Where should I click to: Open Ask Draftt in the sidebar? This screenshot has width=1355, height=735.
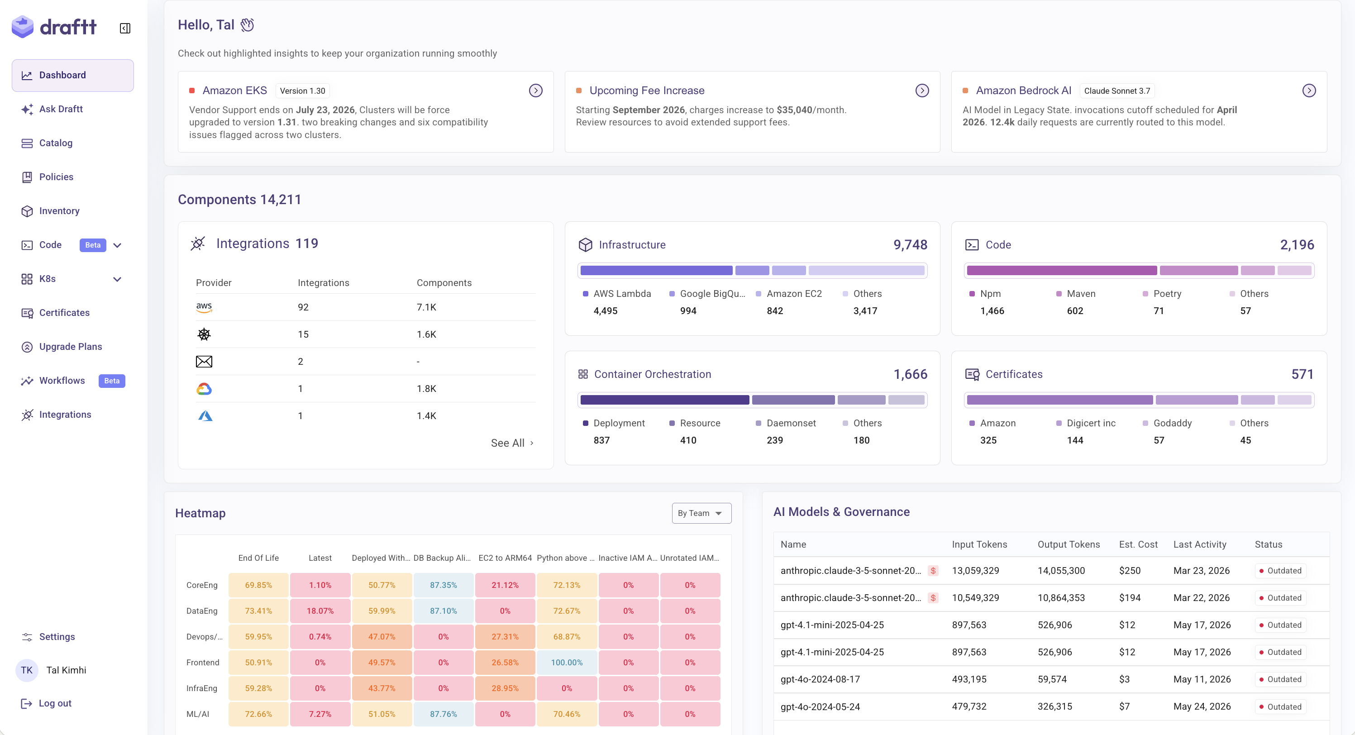coord(61,109)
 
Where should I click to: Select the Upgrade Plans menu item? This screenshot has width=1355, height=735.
coord(71,347)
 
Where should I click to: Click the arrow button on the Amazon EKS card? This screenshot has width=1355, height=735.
coord(535,91)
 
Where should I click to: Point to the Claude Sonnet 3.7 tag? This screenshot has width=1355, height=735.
coord(1116,91)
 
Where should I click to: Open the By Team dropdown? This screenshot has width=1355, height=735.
coord(701,513)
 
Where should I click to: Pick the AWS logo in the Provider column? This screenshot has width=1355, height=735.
coord(204,307)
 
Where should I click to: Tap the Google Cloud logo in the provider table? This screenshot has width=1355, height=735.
coord(204,389)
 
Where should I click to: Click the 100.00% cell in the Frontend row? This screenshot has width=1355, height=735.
coord(567,663)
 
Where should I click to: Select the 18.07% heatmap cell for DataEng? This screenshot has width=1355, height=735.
coord(320,611)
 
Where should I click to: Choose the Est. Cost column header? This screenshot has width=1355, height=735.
coord(1138,544)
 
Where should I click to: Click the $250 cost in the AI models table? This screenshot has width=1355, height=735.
coord(1129,571)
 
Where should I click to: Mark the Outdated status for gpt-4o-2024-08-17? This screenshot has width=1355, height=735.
coord(1280,679)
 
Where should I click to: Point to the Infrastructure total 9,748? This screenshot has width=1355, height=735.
coord(910,245)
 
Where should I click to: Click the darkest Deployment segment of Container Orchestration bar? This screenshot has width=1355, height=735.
coord(664,400)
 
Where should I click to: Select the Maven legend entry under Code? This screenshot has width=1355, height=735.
coord(1076,294)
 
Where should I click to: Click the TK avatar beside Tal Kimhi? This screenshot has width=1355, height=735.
coord(27,670)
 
